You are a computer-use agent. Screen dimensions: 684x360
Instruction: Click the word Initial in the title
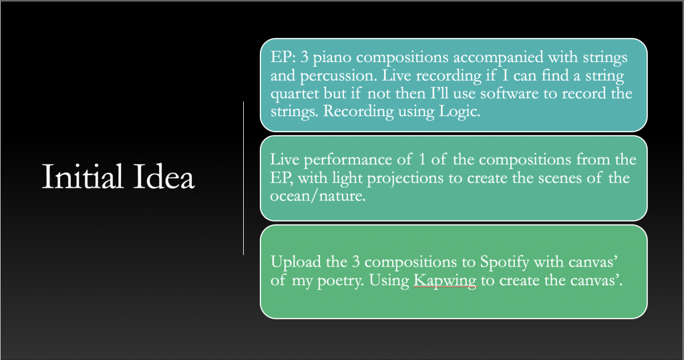click(x=82, y=177)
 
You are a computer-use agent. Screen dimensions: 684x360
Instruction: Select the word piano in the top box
click(x=332, y=58)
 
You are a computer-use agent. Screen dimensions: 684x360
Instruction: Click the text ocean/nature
click(x=317, y=196)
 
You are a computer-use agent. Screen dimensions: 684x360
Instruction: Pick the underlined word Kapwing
click(x=445, y=281)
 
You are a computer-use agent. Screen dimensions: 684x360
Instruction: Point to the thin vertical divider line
click(x=243, y=178)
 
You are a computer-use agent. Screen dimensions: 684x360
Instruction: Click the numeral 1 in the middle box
click(x=421, y=159)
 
